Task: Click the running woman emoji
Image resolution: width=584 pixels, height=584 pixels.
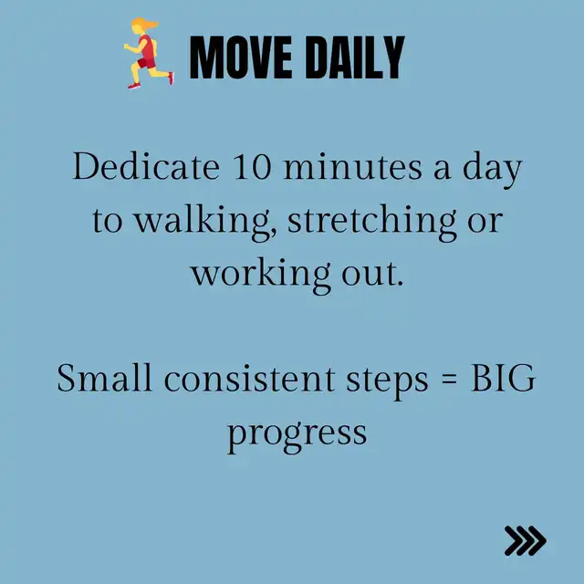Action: point(149,53)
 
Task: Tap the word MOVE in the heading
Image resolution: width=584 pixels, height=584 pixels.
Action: point(241,57)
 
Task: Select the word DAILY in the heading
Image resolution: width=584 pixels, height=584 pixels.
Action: point(355,57)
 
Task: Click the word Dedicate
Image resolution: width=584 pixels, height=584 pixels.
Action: point(146,166)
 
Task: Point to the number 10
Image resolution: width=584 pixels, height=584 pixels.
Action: point(252,167)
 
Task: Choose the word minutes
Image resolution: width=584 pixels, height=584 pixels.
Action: point(353,167)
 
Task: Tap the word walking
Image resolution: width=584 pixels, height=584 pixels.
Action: point(205,222)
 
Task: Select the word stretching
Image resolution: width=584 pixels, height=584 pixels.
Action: point(372,222)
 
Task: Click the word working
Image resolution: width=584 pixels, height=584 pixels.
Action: point(261,275)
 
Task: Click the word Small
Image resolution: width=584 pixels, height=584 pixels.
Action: point(105,378)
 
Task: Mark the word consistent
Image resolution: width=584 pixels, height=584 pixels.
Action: point(249,379)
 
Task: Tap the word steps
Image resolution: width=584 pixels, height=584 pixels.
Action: point(387,381)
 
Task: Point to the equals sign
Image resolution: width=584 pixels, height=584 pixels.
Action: point(449,381)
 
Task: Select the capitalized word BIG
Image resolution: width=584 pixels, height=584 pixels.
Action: point(503,378)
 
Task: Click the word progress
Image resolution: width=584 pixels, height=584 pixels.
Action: point(297,435)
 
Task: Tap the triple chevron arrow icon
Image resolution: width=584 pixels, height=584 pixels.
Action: point(526,541)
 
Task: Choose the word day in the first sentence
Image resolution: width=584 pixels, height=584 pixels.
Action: point(492,171)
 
